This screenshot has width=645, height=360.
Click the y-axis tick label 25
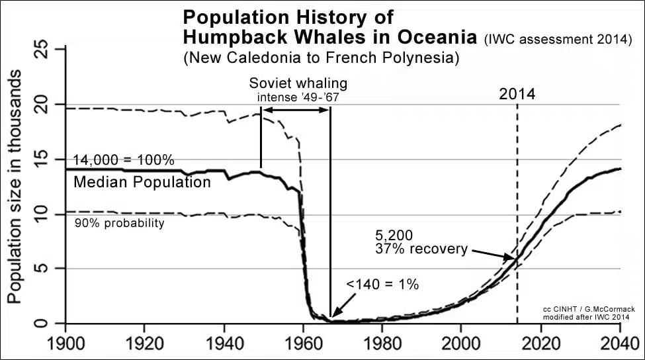click(40, 50)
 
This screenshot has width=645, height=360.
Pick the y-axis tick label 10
click(40, 214)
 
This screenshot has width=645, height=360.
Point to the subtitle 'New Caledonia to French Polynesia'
click(321, 58)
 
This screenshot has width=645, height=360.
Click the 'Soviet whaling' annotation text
click(298, 84)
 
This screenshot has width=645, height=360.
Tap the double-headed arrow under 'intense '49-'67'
click(296, 109)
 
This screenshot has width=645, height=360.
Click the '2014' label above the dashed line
click(517, 94)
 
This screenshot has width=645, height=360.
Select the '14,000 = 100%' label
click(124, 160)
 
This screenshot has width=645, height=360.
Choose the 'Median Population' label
click(142, 181)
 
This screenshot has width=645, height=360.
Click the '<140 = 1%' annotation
click(382, 285)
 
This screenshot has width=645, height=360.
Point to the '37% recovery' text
click(421, 249)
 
